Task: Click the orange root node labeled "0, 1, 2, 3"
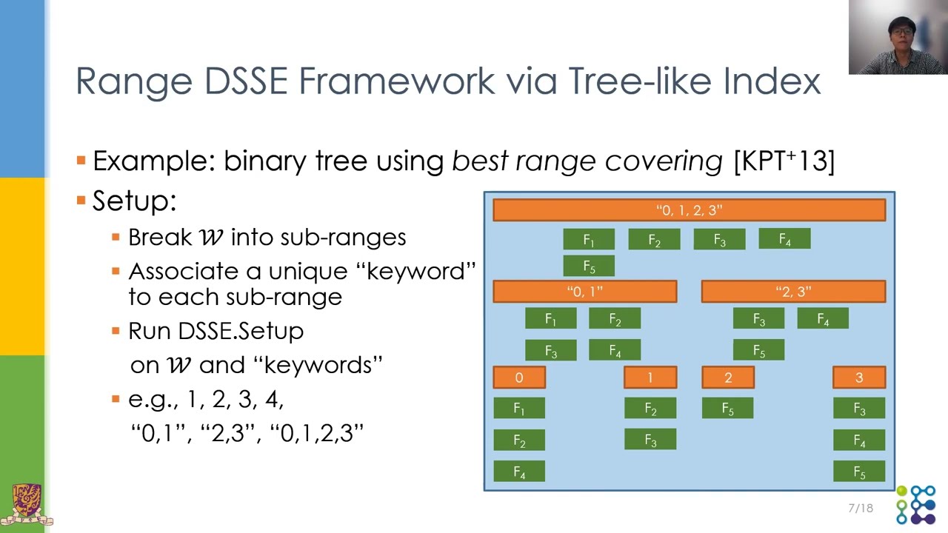click(689, 210)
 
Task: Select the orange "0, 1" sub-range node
click(584, 292)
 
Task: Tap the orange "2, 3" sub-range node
click(793, 292)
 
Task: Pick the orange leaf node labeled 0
click(519, 378)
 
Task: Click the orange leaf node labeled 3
click(859, 378)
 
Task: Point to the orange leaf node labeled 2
click(728, 378)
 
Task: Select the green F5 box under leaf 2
click(728, 409)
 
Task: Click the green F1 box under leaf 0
click(519, 409)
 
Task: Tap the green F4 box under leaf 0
click(519, 472)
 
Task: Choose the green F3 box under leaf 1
click(650, 440)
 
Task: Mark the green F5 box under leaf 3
click(859, 472)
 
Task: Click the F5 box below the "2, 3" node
click(758, 350)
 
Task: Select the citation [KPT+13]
click(784, 161)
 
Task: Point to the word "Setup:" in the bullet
click(134, 201)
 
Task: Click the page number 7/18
click(861, 508)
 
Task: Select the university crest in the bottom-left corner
click(27, 505)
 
